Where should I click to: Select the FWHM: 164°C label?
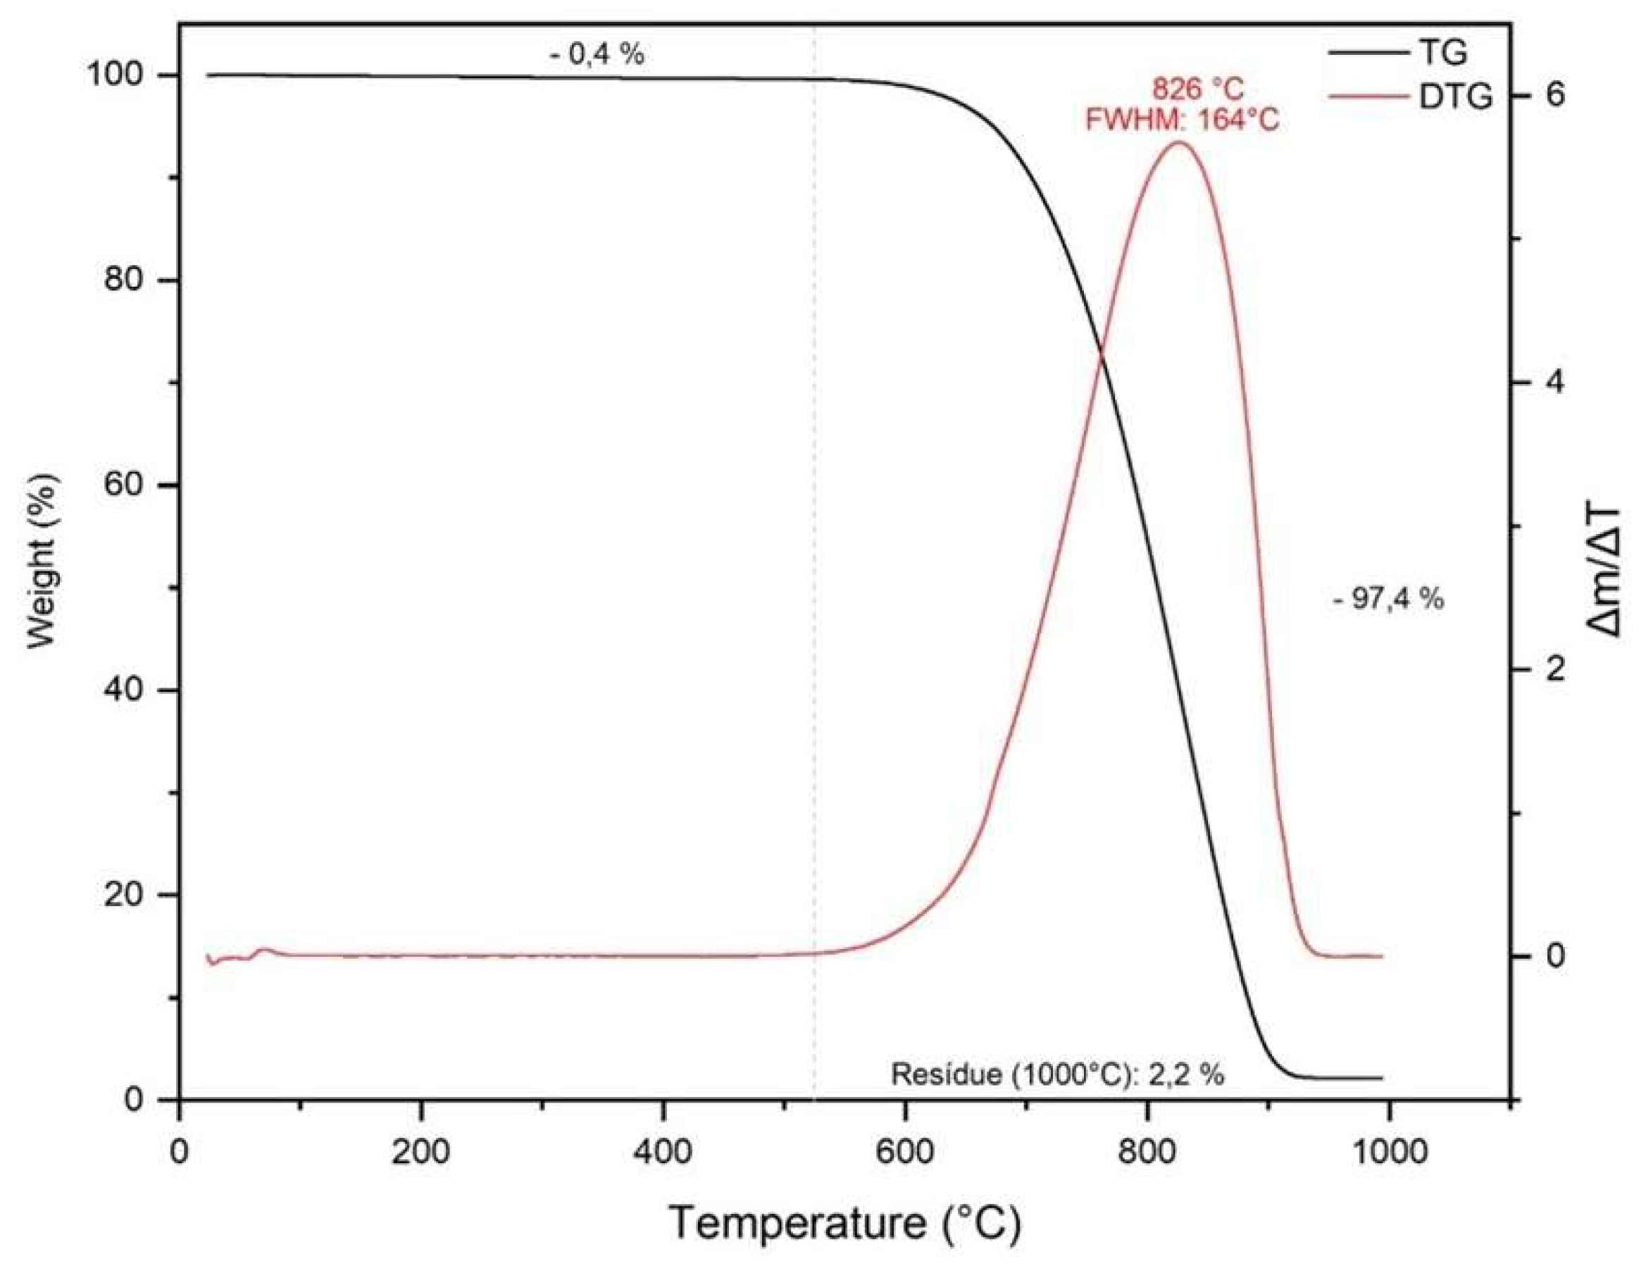(1182, 120)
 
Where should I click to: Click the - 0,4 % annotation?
(596, 54)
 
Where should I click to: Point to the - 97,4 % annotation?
(1388, 600)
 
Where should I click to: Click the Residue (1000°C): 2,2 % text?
(1057, 1074)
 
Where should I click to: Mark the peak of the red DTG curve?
(1177, 142)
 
